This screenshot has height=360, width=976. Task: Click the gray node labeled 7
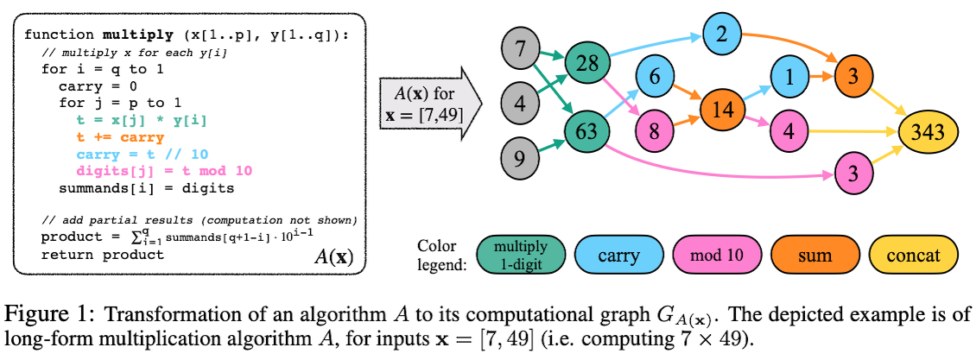520,47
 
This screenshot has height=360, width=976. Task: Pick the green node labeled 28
587,62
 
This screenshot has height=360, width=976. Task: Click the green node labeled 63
587,130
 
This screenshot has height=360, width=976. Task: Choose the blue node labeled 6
654,77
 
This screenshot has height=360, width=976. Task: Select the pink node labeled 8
654,131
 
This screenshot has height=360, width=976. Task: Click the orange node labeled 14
722,109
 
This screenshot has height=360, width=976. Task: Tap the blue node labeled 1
789,77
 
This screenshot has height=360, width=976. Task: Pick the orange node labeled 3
853,77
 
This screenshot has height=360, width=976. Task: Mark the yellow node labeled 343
926,131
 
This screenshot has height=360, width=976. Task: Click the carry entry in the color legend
619,255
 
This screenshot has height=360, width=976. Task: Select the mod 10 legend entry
717,255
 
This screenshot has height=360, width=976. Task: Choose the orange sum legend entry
815,255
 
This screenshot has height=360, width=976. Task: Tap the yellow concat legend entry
913,255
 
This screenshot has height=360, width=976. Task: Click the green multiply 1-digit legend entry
521,255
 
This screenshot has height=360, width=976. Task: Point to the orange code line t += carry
120,137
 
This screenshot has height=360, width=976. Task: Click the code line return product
103,255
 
